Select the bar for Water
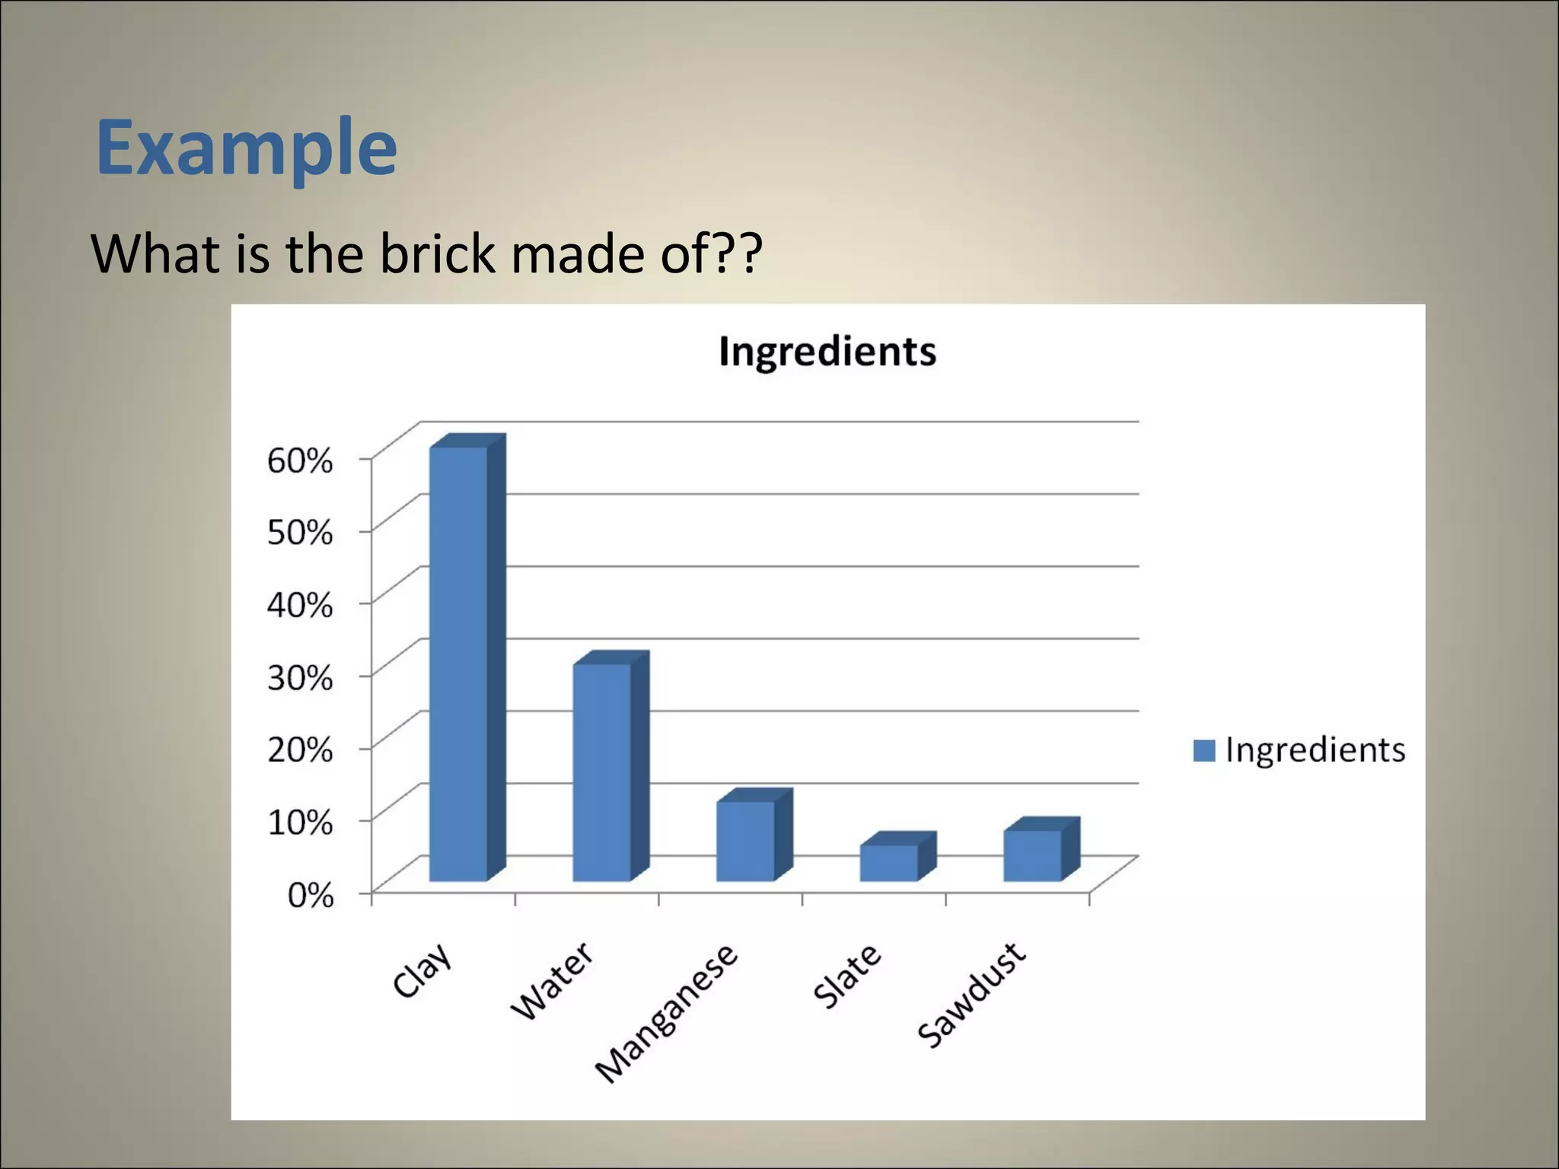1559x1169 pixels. [x=602, y=772]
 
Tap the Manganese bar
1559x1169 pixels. [x=746, y=840]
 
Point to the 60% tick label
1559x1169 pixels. [x=300, y=460]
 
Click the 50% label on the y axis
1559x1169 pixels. [x=300, y=533]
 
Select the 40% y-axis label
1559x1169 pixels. [x=300, y=605]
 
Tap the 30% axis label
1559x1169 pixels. [x=300, y=677]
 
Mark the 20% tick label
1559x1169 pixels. [x=300, y=750]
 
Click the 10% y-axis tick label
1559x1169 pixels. [x=300, y=822]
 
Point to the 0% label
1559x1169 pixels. [x=311, y=895]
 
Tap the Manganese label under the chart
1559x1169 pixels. [x=667, y=1012]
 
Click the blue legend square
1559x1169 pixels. [x=1204, y=750]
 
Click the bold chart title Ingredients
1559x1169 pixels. [x=827, y=352]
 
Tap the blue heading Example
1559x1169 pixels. [x=247, y=147]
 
